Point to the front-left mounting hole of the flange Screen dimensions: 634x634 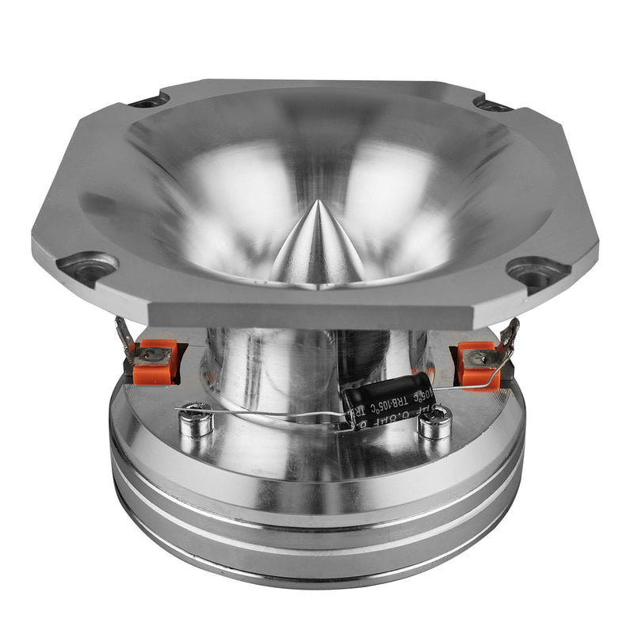(89, 268)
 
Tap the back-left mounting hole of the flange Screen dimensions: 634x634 (148, 101)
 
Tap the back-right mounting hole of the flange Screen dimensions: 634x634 (492, 104)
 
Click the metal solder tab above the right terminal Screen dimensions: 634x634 (510, 334)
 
